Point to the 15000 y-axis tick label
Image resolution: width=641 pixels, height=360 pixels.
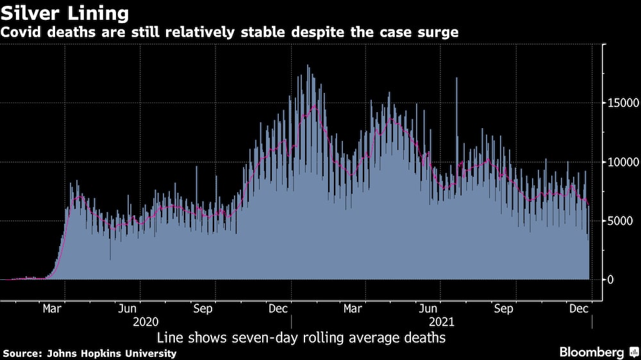621,103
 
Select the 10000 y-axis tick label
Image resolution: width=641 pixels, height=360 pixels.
621,162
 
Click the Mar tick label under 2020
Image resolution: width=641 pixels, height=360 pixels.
53,309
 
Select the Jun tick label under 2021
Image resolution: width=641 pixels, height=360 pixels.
428,309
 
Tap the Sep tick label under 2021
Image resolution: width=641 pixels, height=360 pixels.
504,309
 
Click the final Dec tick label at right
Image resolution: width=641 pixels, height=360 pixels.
579,309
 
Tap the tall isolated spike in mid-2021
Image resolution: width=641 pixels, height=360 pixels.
456,79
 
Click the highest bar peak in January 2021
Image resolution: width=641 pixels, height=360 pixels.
308,66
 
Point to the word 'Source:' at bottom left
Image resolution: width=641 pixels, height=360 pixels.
22,353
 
